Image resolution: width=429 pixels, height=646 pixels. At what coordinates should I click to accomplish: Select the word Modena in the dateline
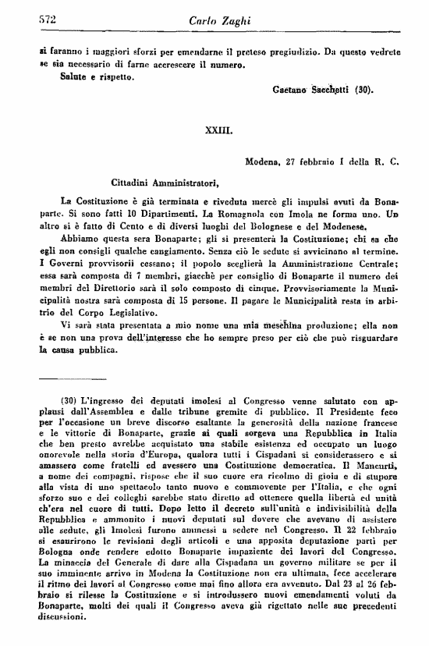264,163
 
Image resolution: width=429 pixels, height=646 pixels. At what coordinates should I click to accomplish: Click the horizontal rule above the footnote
78,382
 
